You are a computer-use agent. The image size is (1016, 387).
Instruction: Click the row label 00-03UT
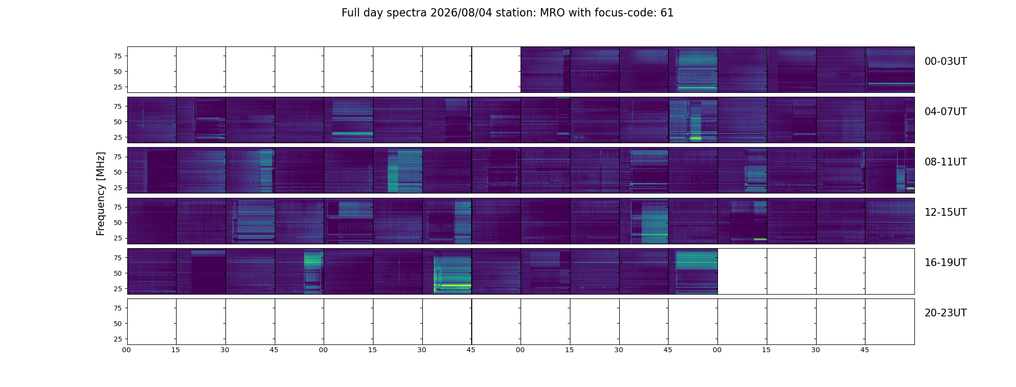(x=945, y=61)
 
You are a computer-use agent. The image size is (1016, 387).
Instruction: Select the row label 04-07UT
(x=945, y=112)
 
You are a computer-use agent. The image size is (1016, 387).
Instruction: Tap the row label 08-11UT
(x=945, y=162)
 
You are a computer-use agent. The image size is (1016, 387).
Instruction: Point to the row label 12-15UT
(x=945, y=212)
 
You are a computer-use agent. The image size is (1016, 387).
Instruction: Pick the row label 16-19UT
(x=945, y=263)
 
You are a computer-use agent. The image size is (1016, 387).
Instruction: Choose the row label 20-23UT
(x=945, y=313)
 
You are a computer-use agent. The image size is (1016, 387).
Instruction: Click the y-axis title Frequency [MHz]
(x=101, y=193)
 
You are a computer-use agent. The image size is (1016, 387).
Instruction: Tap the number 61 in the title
(x=667, y=13)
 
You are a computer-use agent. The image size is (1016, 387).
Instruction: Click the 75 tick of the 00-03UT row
(x=118, y=56)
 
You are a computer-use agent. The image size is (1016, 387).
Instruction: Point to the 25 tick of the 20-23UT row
(x=118, y=339)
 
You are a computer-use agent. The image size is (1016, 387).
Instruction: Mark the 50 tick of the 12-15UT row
(x=118, y=223)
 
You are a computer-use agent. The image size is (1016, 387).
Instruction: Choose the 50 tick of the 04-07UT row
(x=118, y=122)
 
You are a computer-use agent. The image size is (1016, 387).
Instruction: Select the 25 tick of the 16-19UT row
(x=118, y=289)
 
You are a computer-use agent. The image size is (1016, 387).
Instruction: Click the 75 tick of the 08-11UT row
(x=118, y=157)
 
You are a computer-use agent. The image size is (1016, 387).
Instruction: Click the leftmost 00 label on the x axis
(x=127, y=350)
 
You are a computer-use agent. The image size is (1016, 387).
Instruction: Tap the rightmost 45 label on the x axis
(x=865, y=350)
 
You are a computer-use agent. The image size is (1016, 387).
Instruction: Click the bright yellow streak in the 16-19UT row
(x=455, y=285)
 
